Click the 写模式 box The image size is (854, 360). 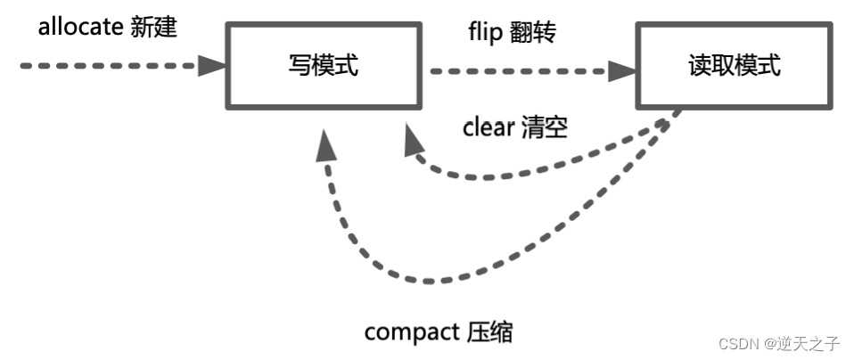323,65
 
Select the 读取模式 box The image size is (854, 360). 734,65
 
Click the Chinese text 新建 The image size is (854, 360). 153,27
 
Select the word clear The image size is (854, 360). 489,127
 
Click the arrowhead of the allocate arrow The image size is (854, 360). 212,64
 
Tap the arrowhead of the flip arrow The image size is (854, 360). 621,69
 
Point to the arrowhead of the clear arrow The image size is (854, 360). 412,139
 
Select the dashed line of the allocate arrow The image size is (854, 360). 107,65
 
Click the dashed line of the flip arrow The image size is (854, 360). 517,69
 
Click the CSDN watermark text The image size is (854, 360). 735,343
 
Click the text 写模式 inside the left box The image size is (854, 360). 324,65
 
